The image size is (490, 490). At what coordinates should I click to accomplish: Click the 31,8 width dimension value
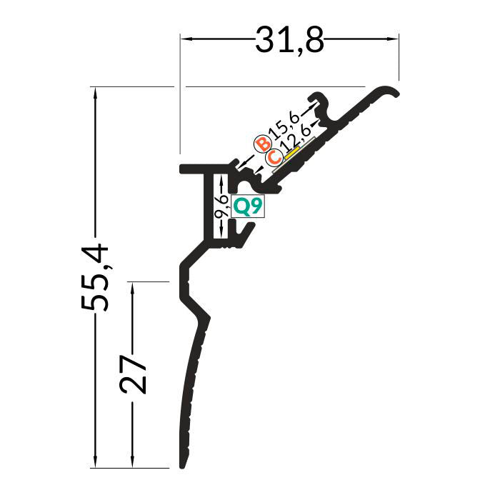pos(290,41)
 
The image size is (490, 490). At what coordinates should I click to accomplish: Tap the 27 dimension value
pos(133,374)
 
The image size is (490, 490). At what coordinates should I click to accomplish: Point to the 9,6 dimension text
pos(221,206)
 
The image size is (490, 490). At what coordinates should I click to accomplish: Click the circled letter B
pos(263,144)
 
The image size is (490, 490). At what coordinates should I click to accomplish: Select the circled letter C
pos(274,157)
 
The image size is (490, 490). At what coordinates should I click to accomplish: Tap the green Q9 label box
pos(247,206)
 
